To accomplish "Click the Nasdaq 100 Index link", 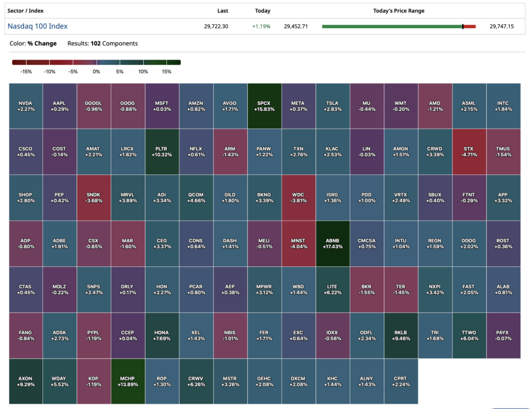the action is point(37,26).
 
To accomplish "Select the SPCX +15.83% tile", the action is point(264,106).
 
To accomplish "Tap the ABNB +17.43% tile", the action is point(332,243).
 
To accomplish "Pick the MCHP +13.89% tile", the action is point(128,381).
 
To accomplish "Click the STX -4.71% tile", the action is point(469,152).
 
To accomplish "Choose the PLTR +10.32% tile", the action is point(162,152).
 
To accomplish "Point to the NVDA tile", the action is point(26,106).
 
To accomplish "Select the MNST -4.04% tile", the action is point(298,243).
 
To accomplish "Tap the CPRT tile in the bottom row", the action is point(401,381).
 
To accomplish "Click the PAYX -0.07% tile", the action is point(503,335).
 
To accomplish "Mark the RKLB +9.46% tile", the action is point(401,335).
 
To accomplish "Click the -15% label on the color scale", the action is point(26,72).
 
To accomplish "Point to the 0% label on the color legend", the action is point(96,72).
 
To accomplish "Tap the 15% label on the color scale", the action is point(166,72).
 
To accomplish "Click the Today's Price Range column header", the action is point(399,11).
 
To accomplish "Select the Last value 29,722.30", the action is point(216,26).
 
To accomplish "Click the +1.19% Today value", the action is point(261,26).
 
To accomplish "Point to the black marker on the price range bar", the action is point(463,26).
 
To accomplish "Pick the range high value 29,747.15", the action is point(501,26).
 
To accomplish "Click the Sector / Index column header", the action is point(25,11).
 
